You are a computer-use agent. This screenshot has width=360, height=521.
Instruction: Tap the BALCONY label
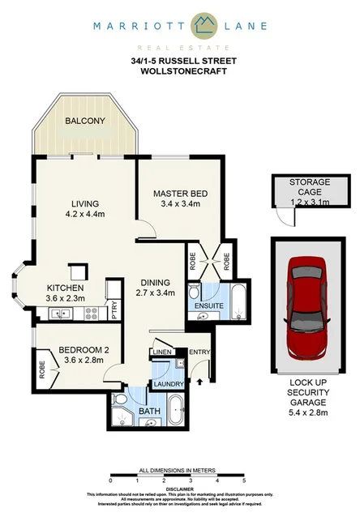pyautogui.click(x=85, y=122)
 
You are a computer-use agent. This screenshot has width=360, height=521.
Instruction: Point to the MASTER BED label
pyautogui.click(x=182, y=194)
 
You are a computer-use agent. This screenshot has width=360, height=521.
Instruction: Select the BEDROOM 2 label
pyautogui.click(x=84, y=351)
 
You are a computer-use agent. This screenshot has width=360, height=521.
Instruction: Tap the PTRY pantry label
pyautogui.click(x=114, y=307)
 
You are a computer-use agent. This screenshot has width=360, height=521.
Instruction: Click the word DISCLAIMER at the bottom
pyautogui.click(x=179, y=489)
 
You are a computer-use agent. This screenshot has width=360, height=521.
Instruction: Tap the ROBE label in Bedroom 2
pyautogui.click(x=41, y=368)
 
